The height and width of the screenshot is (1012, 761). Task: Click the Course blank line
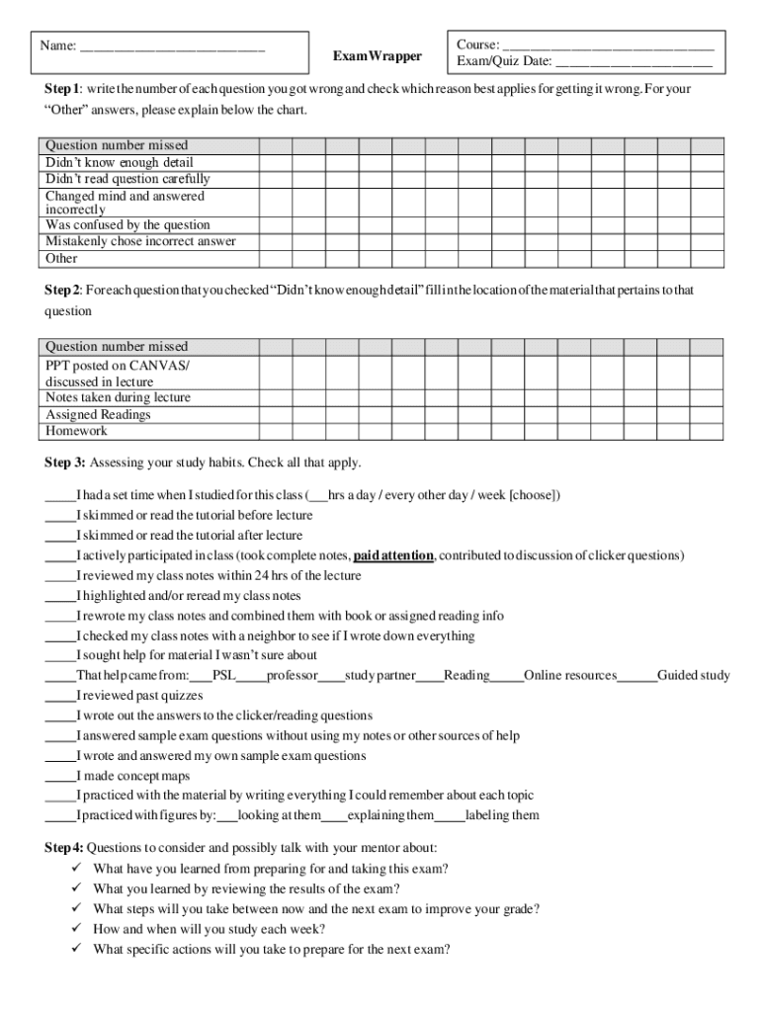pyautogui.click(x=608, y=46)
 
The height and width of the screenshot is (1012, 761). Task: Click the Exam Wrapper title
pyautogui.click(x=377, y=56)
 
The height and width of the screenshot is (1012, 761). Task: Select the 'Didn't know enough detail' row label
pyautogui.click(x=120, y=162)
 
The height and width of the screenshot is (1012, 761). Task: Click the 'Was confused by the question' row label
pyautogui.click(x=127, y=225)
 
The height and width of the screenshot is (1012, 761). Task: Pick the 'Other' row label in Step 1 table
pyautogui.click(x=61, y=259)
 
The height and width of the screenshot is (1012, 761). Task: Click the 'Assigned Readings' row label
pyautogui.click(x=98, y=415)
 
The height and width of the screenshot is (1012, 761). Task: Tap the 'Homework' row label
pyautogui.click(x=76, y=431)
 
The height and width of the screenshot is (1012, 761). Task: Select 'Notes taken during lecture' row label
pyautogui.click(x=118, y=398)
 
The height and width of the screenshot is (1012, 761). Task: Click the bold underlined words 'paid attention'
pyautogui.click(x=393, y=555)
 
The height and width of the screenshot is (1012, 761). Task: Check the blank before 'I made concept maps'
pyautogui.click(x=59, y=777)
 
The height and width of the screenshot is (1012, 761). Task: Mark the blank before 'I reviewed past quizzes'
pyautogui.click(x=59, y=696)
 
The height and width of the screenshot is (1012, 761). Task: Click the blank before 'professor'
pyautogui.click(x=251, y=677)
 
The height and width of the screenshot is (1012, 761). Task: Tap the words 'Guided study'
pyautogui.click(x=694, y=676)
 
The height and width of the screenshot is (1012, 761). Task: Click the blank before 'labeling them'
pyautogui.click(x=450, y=816)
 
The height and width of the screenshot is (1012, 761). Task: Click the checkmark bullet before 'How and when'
pyautogui.click(x=76, y=929)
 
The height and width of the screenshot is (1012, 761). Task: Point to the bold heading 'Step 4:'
pyautogui.click(x=64, y=848)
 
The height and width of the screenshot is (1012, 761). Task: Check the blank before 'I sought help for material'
pyautogui.click(x=59, y=656)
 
